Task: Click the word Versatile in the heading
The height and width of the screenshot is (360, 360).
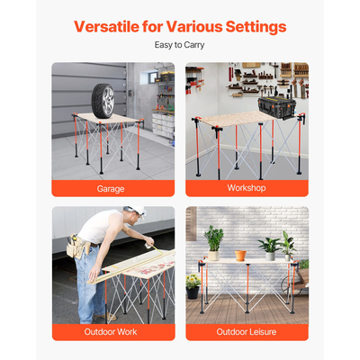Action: point(112,26)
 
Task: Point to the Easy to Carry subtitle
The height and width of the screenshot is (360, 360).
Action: point(180,44)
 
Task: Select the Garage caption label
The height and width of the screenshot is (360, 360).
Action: point(112,189)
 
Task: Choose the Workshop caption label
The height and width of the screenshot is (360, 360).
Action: point(247,189)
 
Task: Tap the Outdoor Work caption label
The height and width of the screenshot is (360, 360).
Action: point(112,332)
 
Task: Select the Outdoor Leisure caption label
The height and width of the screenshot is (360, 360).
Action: point(247,332)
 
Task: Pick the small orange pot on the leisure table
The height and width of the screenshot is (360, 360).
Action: point(240,254)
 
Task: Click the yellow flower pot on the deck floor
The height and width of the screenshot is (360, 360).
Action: point(193,292)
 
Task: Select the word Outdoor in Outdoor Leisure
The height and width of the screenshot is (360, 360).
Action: point(231,332)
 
